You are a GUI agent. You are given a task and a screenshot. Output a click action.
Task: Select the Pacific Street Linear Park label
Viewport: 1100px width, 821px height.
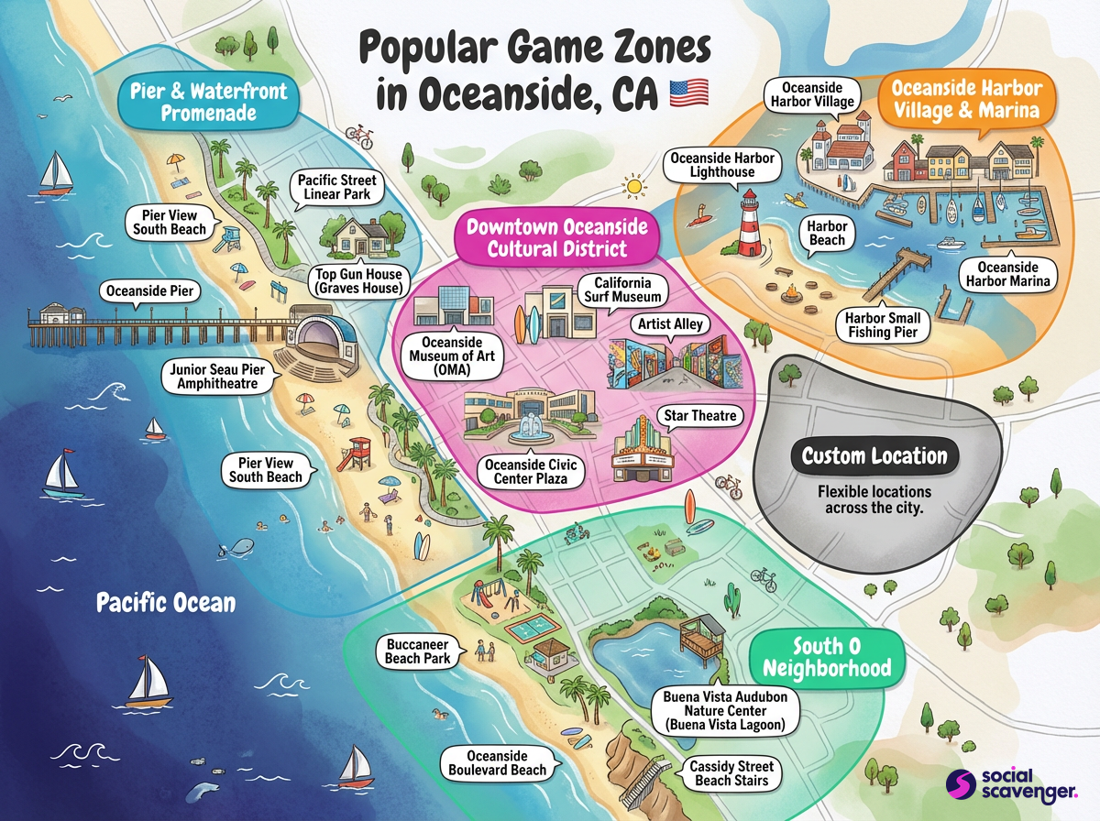(337, 188)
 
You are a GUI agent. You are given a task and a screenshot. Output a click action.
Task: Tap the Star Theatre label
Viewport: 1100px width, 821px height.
(700, 416)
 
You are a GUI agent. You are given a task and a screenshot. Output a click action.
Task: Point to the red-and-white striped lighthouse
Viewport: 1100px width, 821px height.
(750, 224)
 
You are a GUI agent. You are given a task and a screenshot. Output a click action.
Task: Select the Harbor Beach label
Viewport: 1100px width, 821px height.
(827, 233)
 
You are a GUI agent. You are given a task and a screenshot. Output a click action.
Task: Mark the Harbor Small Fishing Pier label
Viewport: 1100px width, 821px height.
(883, 325)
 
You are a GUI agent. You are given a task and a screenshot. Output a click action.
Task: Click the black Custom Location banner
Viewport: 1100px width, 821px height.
(874, 456)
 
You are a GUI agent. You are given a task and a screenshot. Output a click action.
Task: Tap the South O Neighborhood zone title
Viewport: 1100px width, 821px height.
(827, 655)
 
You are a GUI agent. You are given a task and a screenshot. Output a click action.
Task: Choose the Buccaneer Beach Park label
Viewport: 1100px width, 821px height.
(416, 651)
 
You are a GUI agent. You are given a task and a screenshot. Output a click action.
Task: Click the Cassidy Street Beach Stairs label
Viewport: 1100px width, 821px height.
(731, 773)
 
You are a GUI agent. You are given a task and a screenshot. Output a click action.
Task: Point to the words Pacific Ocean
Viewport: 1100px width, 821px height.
(166, 603)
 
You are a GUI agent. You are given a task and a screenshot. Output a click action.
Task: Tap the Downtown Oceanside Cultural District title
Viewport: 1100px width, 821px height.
(556, 237)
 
